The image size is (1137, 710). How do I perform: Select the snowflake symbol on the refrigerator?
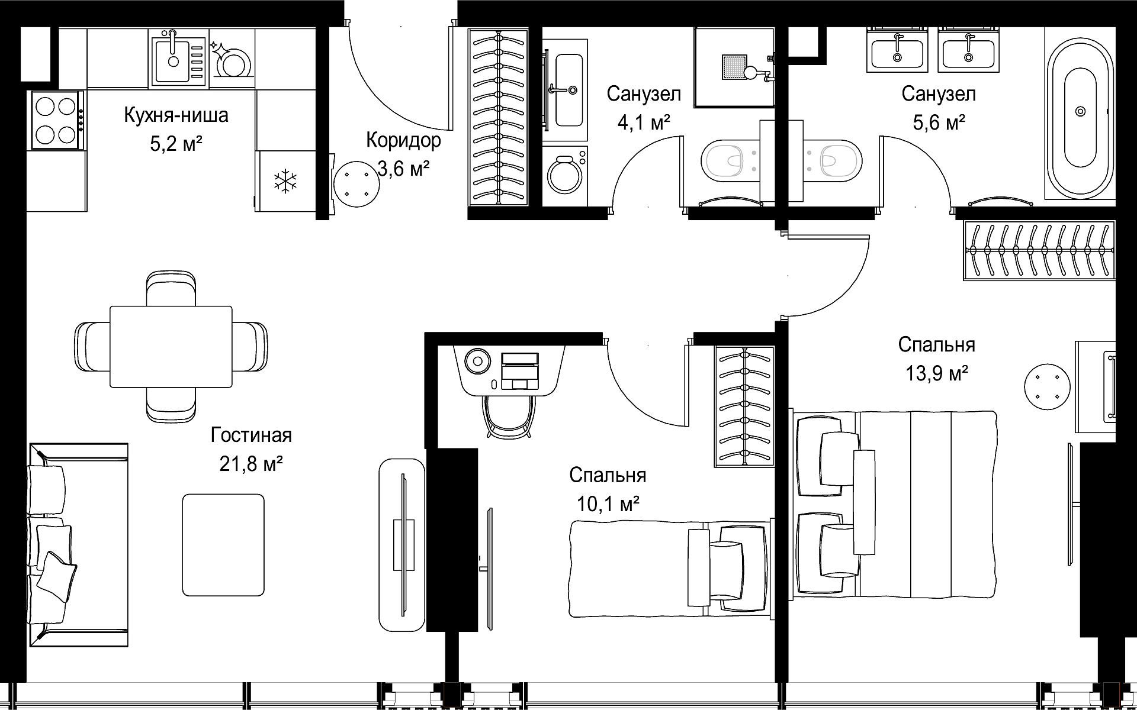tap(285, 180)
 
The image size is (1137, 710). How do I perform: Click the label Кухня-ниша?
tap(176, 115)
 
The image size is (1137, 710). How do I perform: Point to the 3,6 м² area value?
tap(404, 169)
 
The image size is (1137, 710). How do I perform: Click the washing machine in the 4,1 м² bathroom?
tap(565, 176)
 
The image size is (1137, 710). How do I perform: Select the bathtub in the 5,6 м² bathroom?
tap(1080, 111)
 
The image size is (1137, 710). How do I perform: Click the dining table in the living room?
tap(171, 347)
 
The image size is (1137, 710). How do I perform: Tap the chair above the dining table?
tap(171, 288)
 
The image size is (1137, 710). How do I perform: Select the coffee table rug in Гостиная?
tap(223, 545)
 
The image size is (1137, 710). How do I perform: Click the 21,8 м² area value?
tap(251, 464)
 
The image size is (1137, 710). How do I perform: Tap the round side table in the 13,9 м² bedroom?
tap(1048, 385)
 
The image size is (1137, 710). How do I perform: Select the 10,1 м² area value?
tap(608, 504)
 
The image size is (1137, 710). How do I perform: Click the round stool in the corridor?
tap(356, 184)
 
